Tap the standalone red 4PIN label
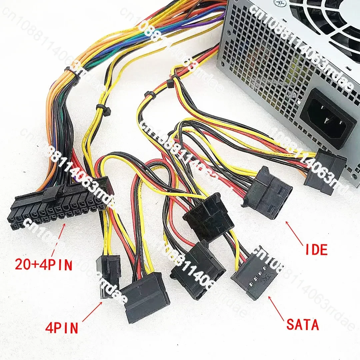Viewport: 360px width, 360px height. point(61,327)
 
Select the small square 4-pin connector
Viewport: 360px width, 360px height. point(108,273)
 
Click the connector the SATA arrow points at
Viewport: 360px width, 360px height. point(253,272)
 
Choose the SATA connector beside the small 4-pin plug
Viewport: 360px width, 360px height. point(145,297)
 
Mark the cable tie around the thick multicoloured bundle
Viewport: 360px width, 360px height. point(73,74)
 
